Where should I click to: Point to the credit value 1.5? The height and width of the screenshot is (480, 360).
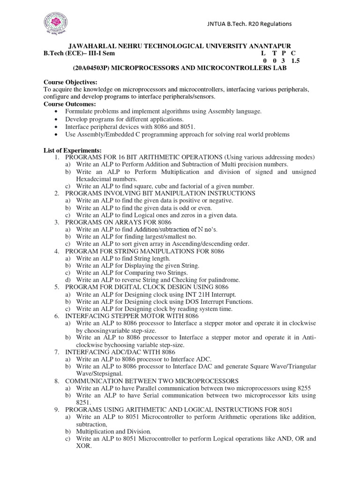295,61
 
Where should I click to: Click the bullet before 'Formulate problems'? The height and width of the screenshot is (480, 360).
57,112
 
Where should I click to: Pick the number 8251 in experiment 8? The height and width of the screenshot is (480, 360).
84,402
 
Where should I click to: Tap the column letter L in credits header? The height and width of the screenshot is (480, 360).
263,53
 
